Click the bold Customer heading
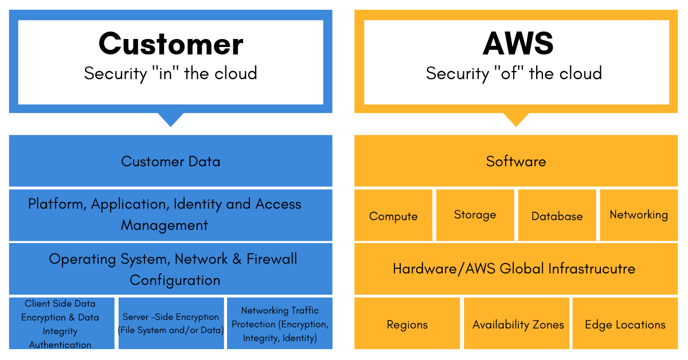[171, 44]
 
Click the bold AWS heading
[518, 44]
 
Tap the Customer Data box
[170, 161]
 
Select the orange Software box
[516, 161]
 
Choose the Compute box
[393, 216]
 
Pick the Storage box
[475, 215]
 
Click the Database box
[557, 216]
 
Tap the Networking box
[639, 215]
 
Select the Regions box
[407, 324]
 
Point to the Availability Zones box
[518, 324]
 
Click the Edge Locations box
[625, 324]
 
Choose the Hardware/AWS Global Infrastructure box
[514, 268]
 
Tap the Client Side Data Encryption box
[60, 324]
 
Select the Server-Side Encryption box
[171, 324]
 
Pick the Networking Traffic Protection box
[280, 324]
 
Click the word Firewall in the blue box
[272, 259]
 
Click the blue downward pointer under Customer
[170, 119]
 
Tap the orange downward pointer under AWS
[516, 119]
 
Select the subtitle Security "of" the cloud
[514, 73]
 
